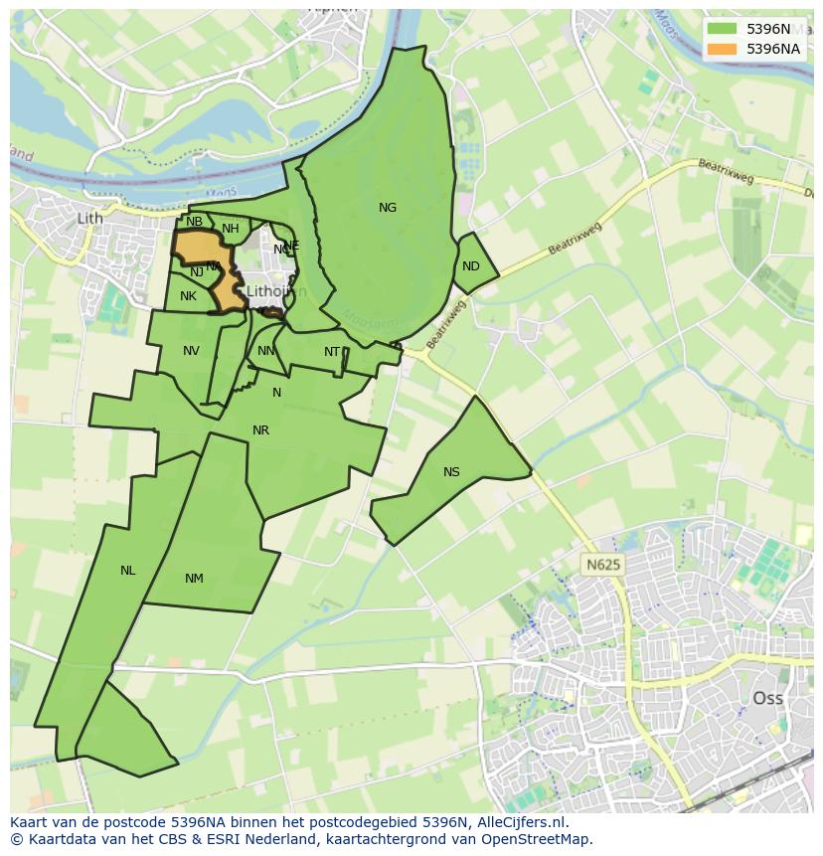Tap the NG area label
click(388, 208)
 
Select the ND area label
click(471, 266)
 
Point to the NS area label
click(451, 472)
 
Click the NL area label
click(127, 571)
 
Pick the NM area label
click(194, 579)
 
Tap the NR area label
click(260, 430)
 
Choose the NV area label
click(191, 351)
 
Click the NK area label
click(188, 296)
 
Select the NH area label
click(231, 229)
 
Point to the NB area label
click(194, 222)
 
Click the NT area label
click(332, 352)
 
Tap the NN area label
click(265, 351)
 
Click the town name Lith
click(89, 219)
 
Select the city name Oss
click(767, 698)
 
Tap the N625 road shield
click(603, 565)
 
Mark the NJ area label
click(197, 271)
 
